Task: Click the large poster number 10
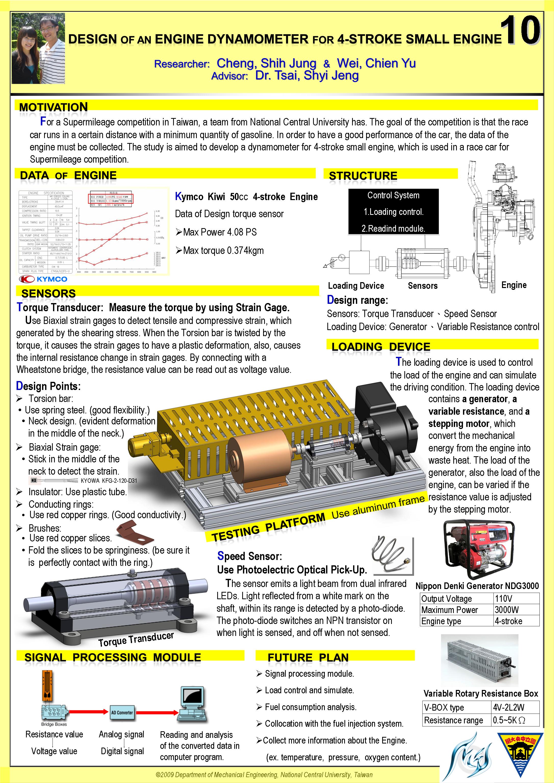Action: click(x=520, y=31)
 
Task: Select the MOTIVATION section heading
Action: click(x=53, y=107)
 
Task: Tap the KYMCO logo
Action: click(x=43, y=279)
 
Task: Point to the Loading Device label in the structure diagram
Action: click(x=356, y=286)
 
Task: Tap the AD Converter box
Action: click(x=122, y=712)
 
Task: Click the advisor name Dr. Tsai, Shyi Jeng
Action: click(x=307, y=75)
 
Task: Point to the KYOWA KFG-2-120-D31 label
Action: click(x=109, y=481)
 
